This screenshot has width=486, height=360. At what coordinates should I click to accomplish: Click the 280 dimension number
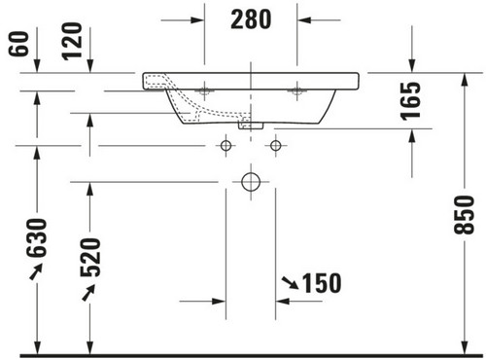(x=251, y=19)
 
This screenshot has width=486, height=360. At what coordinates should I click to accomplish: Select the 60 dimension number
(x=18, y=44)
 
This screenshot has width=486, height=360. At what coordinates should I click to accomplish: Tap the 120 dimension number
(x=72, y=41)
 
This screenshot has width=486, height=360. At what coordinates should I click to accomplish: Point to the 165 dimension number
(x=410, y=101)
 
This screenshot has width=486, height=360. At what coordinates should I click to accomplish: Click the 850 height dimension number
(x=464, y=215)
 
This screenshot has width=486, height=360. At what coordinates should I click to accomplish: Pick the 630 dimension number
(x=37, y=238)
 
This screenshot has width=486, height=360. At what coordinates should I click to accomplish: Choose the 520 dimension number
(x=90, y=258)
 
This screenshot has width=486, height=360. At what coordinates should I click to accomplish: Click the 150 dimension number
(x=322, y=283)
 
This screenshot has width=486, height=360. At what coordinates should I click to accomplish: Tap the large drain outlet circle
(x=251, y=182)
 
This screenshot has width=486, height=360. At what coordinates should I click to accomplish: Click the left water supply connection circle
(x=226, y=146)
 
